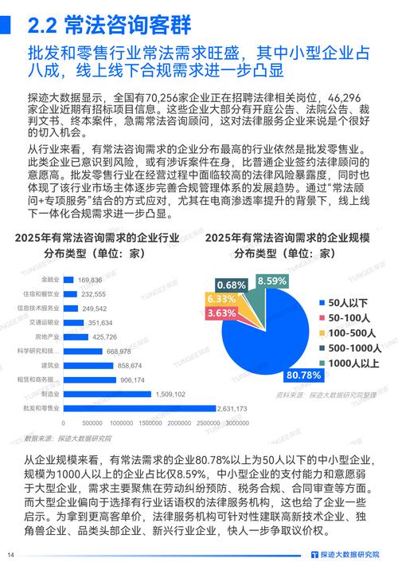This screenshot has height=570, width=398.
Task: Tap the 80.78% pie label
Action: point(302,375)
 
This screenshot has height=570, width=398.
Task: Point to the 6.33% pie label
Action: point(220,298)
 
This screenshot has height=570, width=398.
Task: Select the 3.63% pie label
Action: point(220,313)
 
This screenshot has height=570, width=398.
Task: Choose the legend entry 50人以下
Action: point(346,302)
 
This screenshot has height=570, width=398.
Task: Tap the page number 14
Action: point(11,555)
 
